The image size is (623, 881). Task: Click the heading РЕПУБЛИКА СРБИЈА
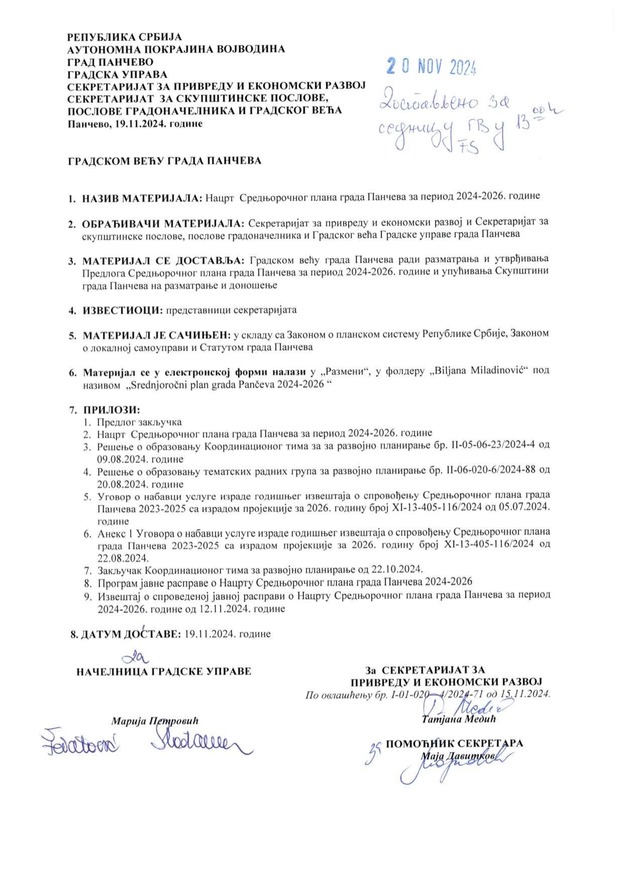(125, 37)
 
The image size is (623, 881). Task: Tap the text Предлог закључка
(139, 422)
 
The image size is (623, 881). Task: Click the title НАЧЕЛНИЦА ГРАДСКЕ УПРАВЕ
(163, 672)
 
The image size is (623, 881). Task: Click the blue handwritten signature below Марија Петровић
(196, 743)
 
